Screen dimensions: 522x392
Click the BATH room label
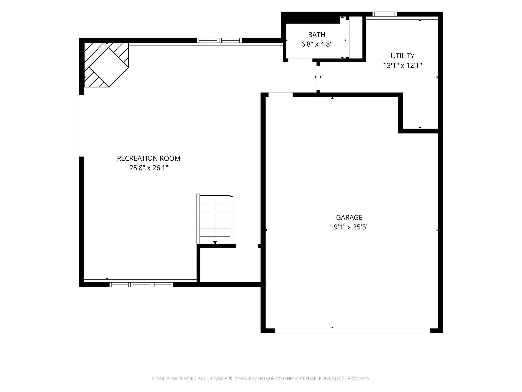tap(317, 35)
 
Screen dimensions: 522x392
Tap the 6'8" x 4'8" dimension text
tap(317, 44)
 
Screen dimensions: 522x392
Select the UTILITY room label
tap(402, 56)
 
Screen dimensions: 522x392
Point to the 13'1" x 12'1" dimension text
tap(402, 66)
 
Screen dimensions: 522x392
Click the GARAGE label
tap(349, 217)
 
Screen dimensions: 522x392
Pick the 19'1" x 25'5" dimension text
tap(349, 227)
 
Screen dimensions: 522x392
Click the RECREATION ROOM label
tap(149, 158)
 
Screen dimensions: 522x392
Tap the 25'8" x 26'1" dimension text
tap(149, 168)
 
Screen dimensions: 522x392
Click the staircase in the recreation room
tap(215, 219)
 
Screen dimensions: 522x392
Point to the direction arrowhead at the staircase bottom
tap(215, 243)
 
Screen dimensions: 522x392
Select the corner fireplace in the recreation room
tap(106, 65)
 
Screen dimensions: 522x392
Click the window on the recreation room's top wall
tap(219, 40)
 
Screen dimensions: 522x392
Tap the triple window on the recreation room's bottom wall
tap(141, 285)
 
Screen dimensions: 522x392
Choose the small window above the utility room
tap(384, 14)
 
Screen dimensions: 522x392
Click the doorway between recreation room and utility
tap(318, 77)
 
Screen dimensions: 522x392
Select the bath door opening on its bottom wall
tap(300, 60)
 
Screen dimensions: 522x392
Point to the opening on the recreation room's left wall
tap(82, 126)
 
